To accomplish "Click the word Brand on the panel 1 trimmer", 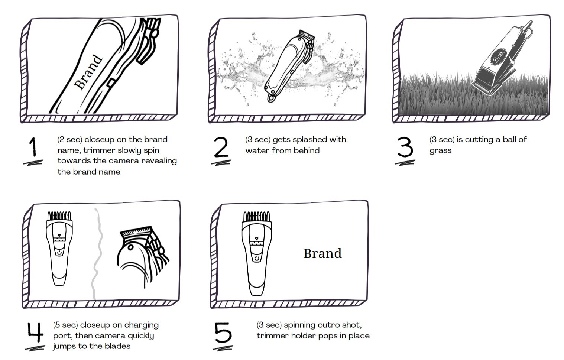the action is coord(88,72).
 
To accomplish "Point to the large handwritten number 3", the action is coord(405,147).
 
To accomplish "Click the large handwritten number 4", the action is coord(36,332).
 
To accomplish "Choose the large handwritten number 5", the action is coord(223,333).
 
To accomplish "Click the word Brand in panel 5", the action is coord(322,253).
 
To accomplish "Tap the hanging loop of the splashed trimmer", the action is coord(272,98).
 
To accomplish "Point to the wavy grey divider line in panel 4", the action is coord(98,254).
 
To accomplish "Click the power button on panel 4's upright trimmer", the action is coord(59,253).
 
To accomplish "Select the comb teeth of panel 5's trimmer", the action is coord(256,217).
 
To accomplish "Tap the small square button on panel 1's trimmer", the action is coord(111,82).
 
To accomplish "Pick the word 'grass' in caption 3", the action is coord(440,151).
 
